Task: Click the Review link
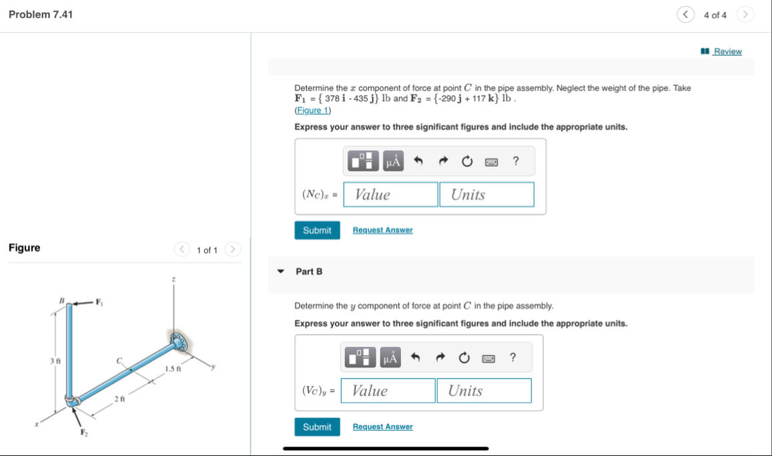click(727, 51)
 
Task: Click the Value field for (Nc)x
click(391, 195)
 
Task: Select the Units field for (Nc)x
click(486, 195)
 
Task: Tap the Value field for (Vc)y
click(388, 391)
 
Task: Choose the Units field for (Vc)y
click(484, 391)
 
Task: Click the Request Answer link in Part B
click(382, 427)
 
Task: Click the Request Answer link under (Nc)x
click(382, 230)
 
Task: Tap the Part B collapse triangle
click(281, 271)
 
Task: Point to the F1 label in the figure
click(99, 301)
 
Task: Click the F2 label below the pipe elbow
click(84, 433)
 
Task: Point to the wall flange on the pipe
click(179, 340)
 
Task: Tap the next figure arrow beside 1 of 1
click(232, 250)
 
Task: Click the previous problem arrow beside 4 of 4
click(685, 15)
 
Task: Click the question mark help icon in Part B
click(512, 357)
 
